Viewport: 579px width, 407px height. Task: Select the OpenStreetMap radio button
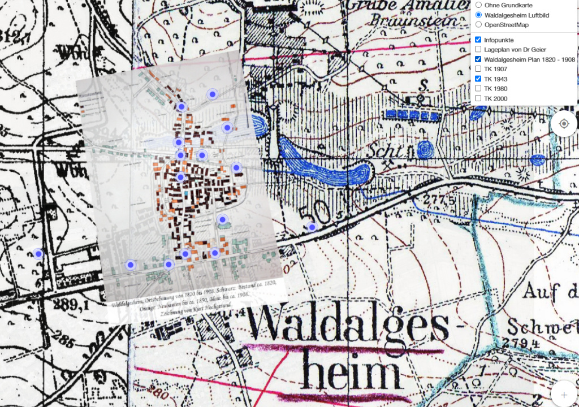(478, 25)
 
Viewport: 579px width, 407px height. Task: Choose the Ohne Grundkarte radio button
(478, 5)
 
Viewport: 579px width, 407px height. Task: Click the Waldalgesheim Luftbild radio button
(478, 15)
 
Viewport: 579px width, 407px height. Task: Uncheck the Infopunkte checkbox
(478, 40)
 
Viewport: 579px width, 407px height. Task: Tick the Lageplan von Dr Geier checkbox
(478, 50)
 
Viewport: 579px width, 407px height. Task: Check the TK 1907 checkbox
(478, 69)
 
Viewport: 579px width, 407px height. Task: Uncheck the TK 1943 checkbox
(478, 79)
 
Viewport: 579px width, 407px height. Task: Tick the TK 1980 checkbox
(478, 89)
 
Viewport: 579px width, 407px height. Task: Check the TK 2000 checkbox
(478, 98)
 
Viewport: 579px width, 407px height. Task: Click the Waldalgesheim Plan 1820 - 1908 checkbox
(478, 59)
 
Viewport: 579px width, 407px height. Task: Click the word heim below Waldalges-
(350, 373)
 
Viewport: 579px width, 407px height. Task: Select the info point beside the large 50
(312, 227)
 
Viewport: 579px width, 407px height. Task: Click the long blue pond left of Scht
(325, 164)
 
